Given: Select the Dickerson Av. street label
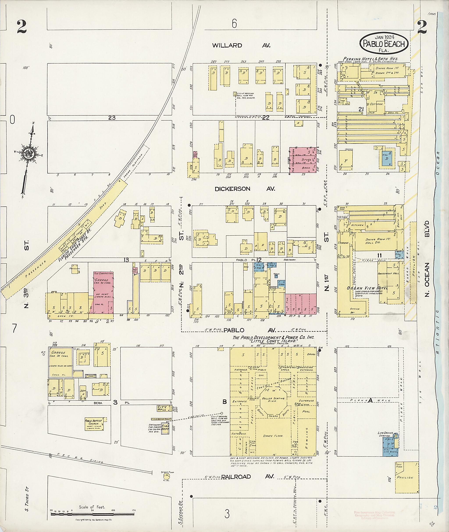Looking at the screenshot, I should pyautogui.click(x=245, y=189).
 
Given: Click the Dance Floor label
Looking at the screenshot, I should pyautogui.click(x=273, y=436).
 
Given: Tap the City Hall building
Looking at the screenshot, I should pyautogui.click(x=163, y=408).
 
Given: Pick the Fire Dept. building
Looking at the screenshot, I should pyautogui.click(x=165, y=428).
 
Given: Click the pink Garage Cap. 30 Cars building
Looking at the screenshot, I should pyautogui.click(x=103, y=292).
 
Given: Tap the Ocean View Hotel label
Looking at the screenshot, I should pyautogui.click(x=367, y=288).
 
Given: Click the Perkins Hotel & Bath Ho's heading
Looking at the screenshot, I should pyautogui.click(x=371, y=59).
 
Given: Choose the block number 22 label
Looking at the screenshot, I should pyautogui.click(x=265, y=117).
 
